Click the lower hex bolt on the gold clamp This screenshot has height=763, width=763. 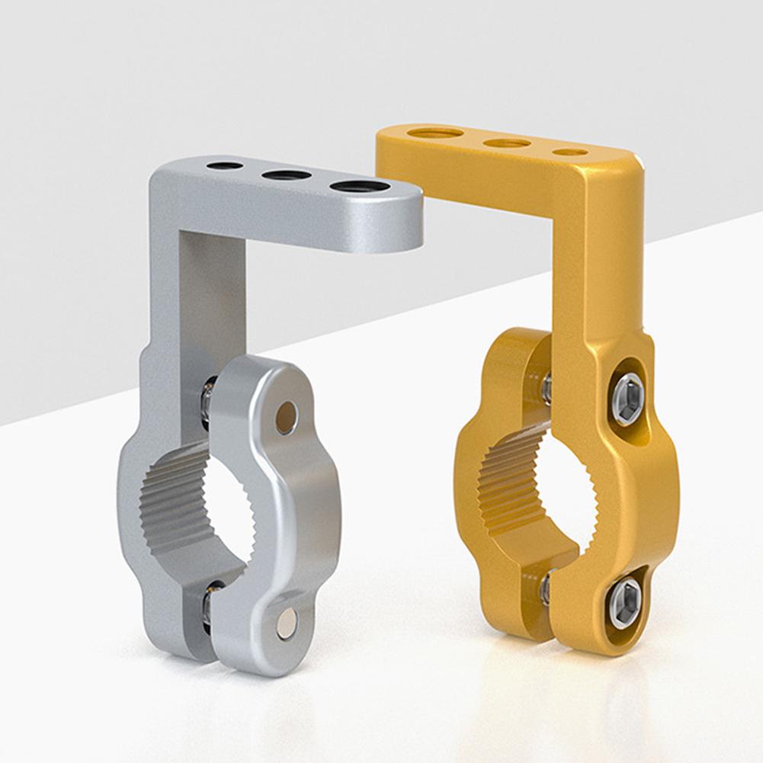[x=626, y=603]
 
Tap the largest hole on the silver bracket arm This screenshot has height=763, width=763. [x=359, y=186]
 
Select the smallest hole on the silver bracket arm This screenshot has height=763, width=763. [x=225, y=165]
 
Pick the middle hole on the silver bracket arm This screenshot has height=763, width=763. [x=286, y=175]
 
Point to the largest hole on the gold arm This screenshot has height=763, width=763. [x=435, y=133]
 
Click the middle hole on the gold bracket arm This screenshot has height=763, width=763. [x=507, y=143]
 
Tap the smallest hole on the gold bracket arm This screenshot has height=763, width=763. [x=570, y=152]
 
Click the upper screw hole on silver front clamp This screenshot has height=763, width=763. [x=286, y=418]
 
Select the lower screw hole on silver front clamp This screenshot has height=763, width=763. [x=287, y=622]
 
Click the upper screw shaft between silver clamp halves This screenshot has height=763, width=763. [x=207, y=404]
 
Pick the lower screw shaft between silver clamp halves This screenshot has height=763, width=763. [x=207, y=606]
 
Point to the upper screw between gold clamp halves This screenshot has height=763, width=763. [x=546, y=388]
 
